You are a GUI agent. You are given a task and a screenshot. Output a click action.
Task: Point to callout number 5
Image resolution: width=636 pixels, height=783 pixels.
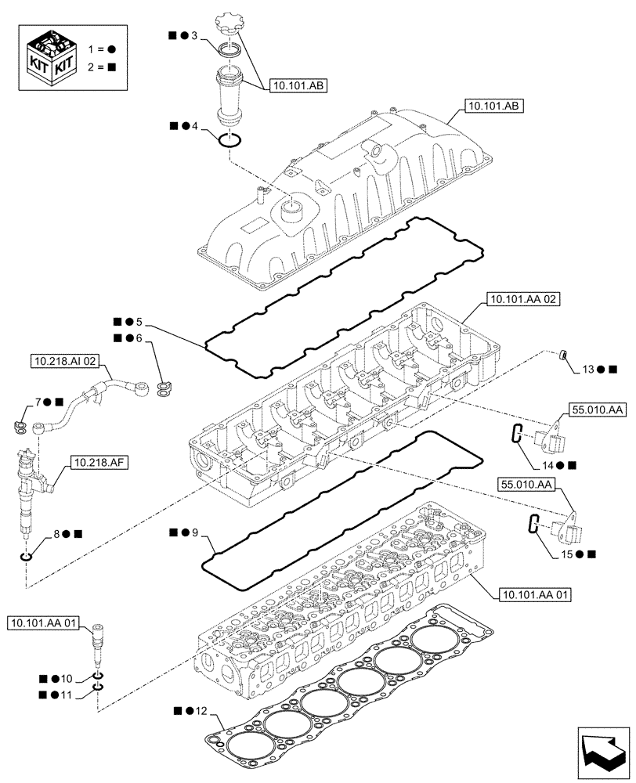pos(139,322)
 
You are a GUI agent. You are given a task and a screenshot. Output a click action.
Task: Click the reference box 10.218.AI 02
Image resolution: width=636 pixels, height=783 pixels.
pos(65,361)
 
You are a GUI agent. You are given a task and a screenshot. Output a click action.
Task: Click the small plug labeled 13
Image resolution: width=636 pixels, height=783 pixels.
pos(562,357)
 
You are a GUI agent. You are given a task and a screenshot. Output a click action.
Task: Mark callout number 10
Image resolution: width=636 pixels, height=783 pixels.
pos(66,678)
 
